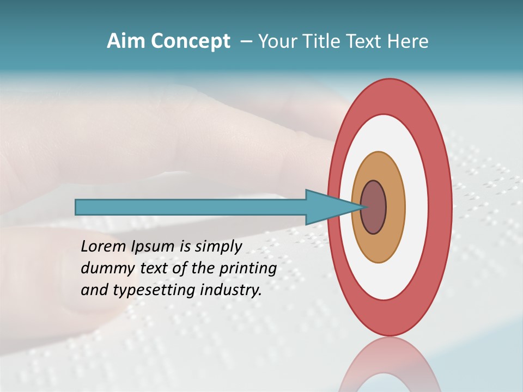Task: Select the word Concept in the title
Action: [x=190, y=42]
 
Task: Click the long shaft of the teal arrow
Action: [x=191, y=207]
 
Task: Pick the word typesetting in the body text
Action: [x=155, y=291]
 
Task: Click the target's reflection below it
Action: [x=389, y=365]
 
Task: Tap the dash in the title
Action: [x=246, y=42]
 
